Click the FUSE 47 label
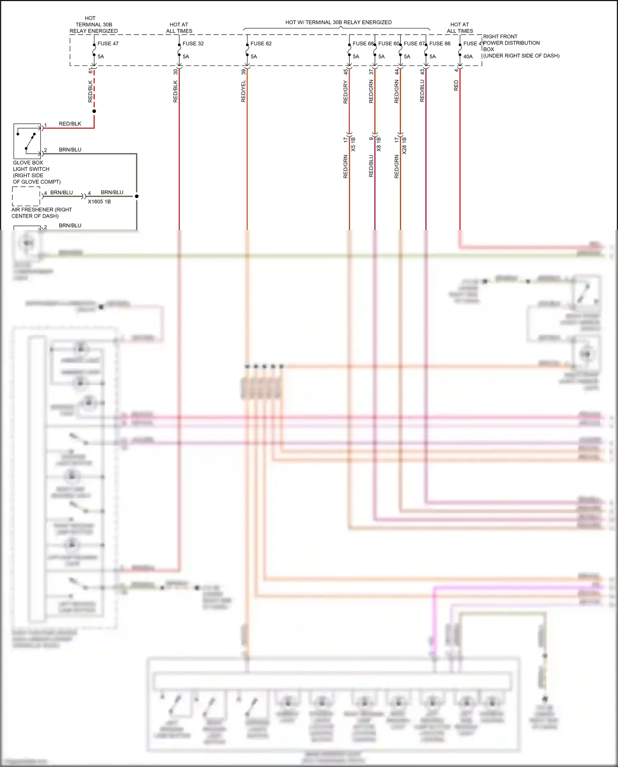click(108, 43)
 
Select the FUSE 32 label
click(193, 43)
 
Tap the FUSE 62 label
click(261, 43)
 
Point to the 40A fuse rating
click(468, 56)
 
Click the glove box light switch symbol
click(27, 141)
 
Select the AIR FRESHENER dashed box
click(26, 196)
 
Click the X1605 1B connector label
click(99, 202)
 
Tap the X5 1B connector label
click(353, 144)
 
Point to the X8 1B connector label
click(379, 144)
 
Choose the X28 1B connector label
click(404, 145)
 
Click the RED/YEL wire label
click(243, 91)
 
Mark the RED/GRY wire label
click(346, 92)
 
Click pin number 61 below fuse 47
click(90, 71)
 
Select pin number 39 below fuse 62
click(243, 71)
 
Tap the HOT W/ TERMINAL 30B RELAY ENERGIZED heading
click(338, 22)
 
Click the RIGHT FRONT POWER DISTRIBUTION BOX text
click(511, 43)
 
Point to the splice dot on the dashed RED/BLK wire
click(94, 111)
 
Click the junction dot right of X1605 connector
click(137, 196)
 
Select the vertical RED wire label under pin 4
click(456, 86)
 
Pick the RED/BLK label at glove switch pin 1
click(70, 124)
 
